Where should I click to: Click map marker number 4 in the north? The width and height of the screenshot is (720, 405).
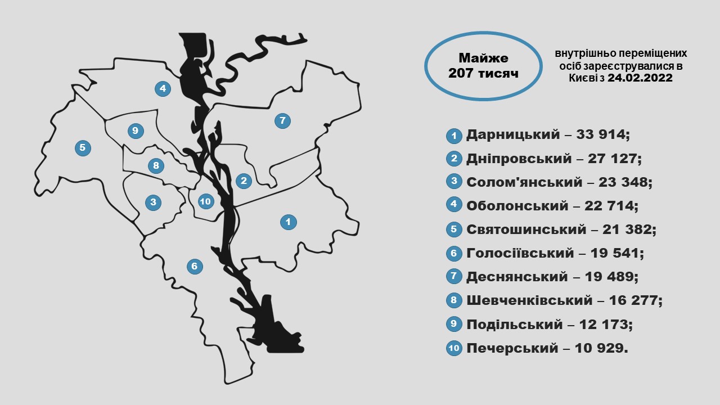coord(163,88)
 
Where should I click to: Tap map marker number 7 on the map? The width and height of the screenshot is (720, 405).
coord(282,120)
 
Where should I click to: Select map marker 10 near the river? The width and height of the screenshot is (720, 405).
coord(205,201)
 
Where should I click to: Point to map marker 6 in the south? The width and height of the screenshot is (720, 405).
coord(194,266)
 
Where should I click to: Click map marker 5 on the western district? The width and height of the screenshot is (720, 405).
coord(83,148)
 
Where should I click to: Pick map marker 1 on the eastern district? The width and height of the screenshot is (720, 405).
coord(288,222)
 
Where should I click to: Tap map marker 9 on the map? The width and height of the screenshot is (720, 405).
coord(135,131)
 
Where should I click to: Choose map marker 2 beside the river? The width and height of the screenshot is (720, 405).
coord(244,181)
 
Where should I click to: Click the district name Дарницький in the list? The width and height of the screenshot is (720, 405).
coord(513,135)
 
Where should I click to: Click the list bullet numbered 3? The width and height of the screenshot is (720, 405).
coord(454,182)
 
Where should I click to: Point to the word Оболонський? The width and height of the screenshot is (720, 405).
coord(517,206)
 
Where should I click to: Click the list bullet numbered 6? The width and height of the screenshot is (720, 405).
coord(454,254)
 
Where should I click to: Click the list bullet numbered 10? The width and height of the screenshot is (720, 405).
coord(454,349)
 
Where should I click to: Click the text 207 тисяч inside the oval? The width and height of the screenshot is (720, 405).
coord(483,74)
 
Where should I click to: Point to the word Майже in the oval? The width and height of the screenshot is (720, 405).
coord(483,58)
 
